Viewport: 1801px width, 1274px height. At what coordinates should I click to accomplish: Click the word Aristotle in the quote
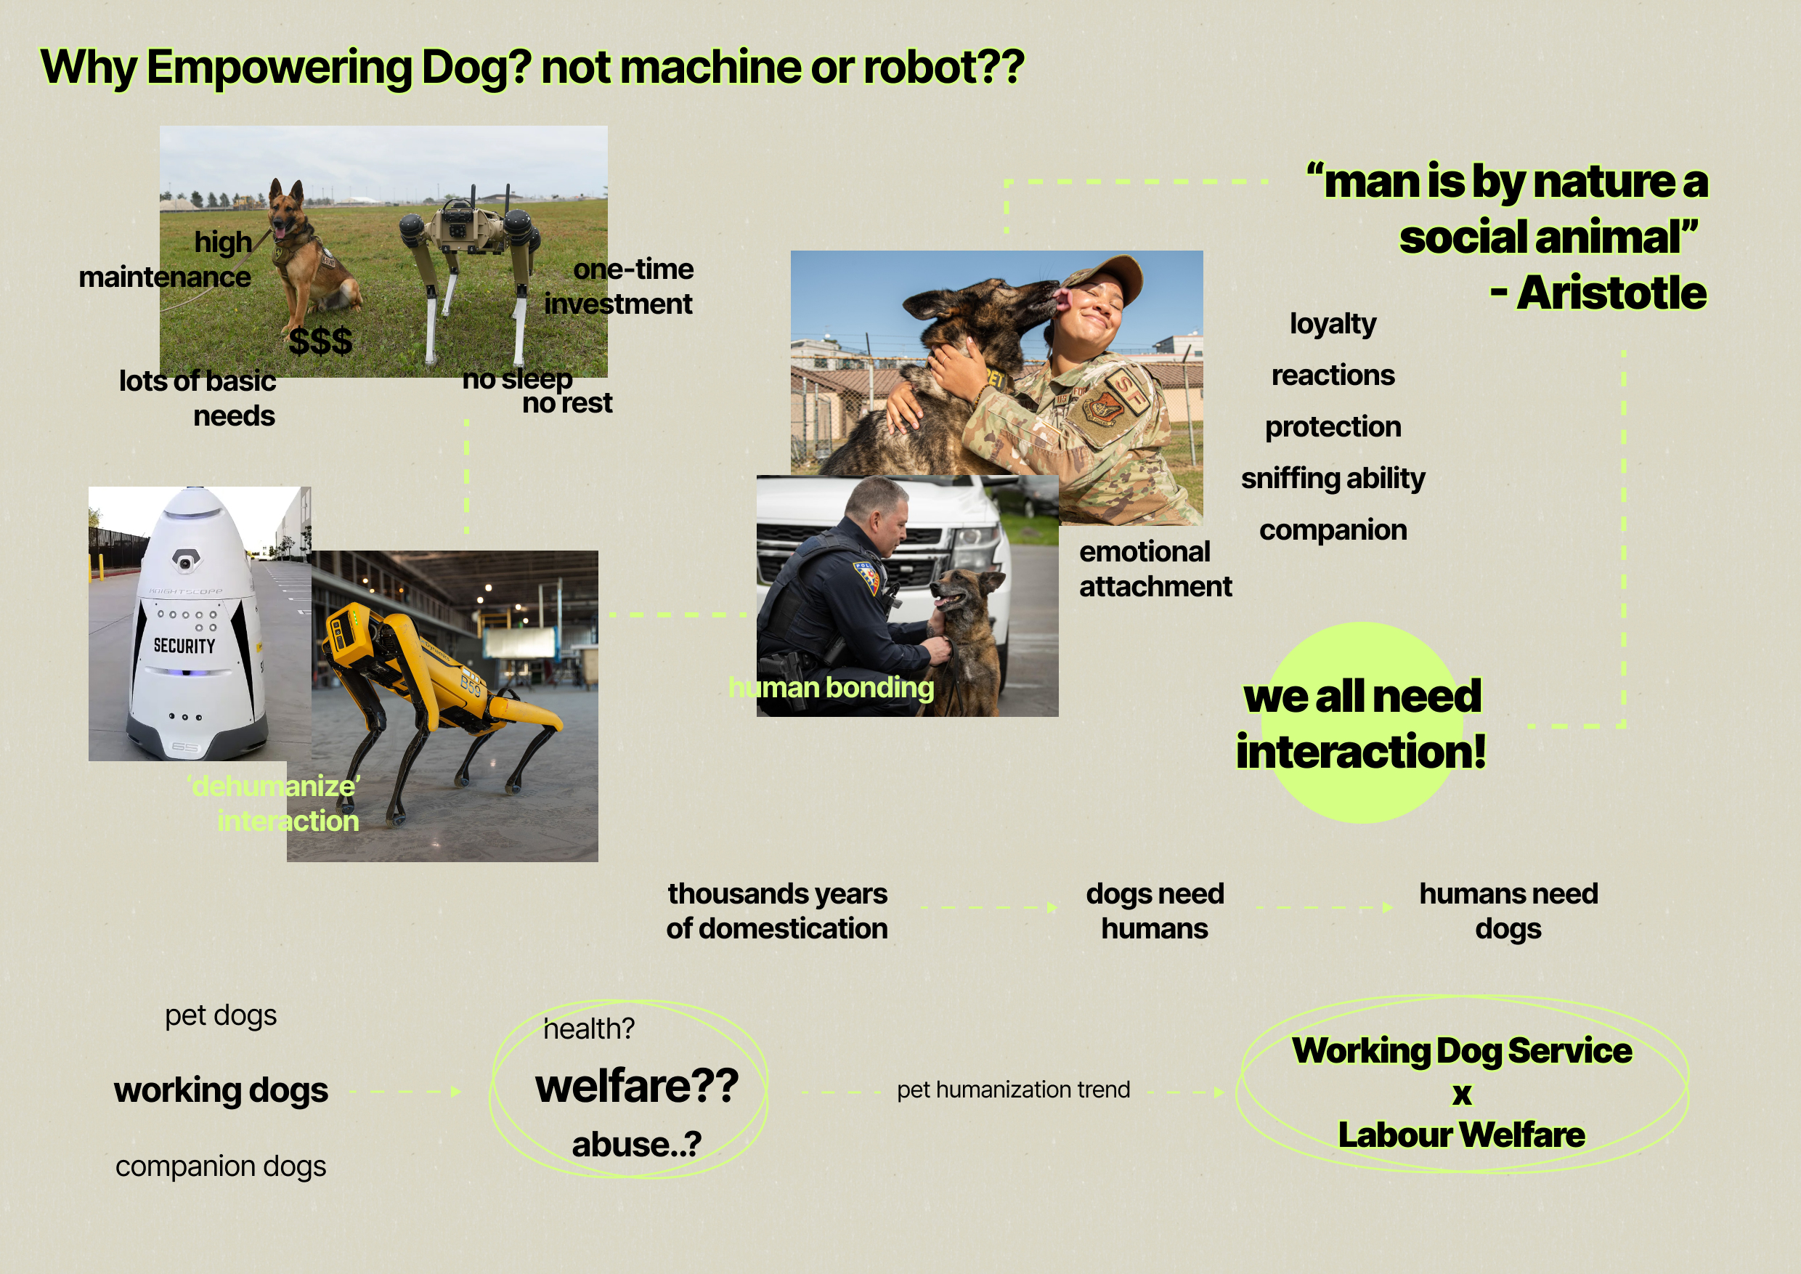(x=1611, y=293)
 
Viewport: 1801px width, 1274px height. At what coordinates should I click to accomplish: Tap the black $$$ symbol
(x=320, y=341)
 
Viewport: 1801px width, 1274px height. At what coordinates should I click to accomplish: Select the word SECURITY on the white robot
(x=184, y=646)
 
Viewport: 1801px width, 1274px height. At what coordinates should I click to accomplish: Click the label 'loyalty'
(x=1333, y=324)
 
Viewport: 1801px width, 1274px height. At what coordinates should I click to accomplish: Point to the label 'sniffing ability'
(x=1333, y=478)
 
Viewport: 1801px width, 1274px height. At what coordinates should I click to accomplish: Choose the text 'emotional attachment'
(x=1155, y=569)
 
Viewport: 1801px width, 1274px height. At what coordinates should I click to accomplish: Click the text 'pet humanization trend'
(x=1014, y=1090)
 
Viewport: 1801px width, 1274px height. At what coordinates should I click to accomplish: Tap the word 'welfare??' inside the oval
(x=636, y=1086)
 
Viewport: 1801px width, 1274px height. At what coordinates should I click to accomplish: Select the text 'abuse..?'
(x=636, y=1145)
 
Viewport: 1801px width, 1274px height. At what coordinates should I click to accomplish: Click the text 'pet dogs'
(x=221, y=1015)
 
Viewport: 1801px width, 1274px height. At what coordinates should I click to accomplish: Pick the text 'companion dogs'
(x=221, y=1167)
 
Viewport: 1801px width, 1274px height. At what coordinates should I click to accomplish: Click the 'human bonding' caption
(x=831, y=687)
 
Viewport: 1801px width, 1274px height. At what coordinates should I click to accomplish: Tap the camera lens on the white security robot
(x=185, y=561)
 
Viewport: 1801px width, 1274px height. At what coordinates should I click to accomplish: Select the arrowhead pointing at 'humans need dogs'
(x=1388, y=908)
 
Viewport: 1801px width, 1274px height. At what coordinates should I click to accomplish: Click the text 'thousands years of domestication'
(x=776, y=911)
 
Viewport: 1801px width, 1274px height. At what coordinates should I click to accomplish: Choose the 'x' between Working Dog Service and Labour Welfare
(x=1461, y=1094)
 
